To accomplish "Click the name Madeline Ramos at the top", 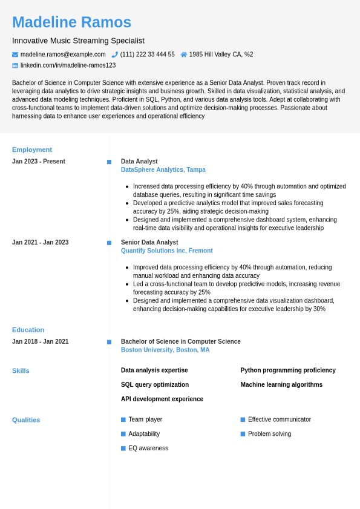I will (x=71, y=22).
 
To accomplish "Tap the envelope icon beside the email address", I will (x=15, y=54).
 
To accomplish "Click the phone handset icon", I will (x=115, y=54).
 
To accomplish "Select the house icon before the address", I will (x=184, y=54).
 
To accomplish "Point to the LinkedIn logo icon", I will (x=15, y=65).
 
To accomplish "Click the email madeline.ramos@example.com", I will (x=63, y=54).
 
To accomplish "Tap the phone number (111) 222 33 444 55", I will (x=147, y=54).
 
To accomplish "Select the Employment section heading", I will (x=32, y=149).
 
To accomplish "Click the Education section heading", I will (x=28, y=330).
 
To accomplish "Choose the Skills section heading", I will (x=21, y=370).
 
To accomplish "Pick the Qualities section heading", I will (x=26, y=419).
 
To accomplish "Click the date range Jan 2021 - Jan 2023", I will (x=40, y=242).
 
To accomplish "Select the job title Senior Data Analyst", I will (x=149, y=242).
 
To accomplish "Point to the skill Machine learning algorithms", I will (x=281, y=384).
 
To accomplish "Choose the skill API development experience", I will (x=162, y=399).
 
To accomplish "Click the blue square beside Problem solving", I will (x=243, y=434).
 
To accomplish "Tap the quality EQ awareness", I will (x=148, y=448).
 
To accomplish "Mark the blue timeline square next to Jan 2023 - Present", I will (x=109, y=162).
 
